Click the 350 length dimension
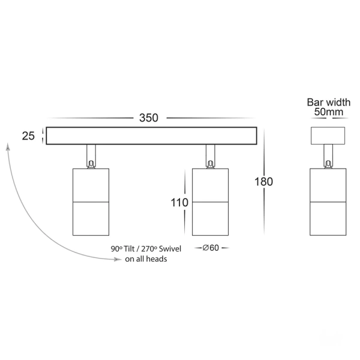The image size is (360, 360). [149, 118]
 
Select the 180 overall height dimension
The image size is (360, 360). [263, 181]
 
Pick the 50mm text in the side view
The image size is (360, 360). [329, 112]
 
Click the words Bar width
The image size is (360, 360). [329, 101]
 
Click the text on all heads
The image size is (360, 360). [146, 259]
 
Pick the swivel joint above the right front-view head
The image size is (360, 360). [210, 157]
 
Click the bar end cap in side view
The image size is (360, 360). [329, 136]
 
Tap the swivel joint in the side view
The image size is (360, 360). [329, 157]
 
